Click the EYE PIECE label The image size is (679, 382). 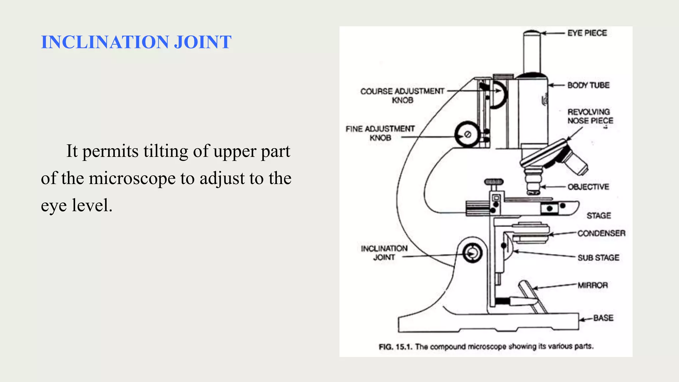click(587, 33)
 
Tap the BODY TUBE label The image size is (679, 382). click(588, 85)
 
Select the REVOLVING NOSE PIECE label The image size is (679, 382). click(590, 116)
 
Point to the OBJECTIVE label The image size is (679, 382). click(588, 187)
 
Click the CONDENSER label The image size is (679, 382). click(601, 233)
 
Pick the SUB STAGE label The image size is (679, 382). click(598, 258)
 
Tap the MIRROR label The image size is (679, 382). click(592, 285)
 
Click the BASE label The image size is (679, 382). click(603, 318)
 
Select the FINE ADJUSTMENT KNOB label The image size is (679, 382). click(380, 133)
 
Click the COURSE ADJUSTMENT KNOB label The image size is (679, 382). click(402, 95)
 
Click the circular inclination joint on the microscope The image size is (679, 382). click(472, 254)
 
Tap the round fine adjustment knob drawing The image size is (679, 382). click(467, 134)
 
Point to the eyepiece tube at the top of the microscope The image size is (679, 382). click(532, 53)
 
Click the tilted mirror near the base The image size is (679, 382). click(532, 297)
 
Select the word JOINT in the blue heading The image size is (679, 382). click(203, 42)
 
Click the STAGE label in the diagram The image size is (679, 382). click(598, 216)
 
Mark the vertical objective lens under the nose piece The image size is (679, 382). click(533, 181)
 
